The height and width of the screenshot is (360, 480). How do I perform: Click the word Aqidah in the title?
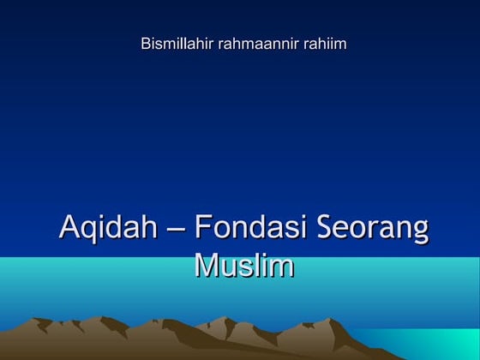click(108, 229)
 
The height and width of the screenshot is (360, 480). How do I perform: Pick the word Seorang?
click(373, 231)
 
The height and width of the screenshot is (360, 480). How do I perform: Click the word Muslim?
click(244, 265)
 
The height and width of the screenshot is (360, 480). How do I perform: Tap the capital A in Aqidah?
click(69, 229)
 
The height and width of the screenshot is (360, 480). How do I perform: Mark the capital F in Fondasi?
click(202, 229)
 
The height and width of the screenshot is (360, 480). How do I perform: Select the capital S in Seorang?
click(327, 229)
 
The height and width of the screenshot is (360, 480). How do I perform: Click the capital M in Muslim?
click(207, 265)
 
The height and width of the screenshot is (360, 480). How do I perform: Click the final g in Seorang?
click(420, 234)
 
